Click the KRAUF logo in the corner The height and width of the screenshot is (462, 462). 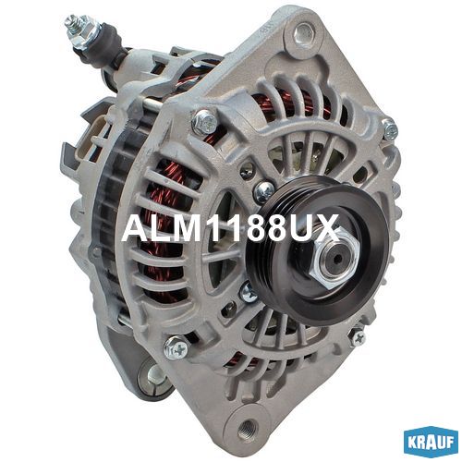431,443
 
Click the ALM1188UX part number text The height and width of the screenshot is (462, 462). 230,228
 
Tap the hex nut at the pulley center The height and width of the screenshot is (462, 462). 334,259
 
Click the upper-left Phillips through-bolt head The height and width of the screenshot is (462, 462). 205,122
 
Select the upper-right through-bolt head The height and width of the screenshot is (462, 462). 390,129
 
